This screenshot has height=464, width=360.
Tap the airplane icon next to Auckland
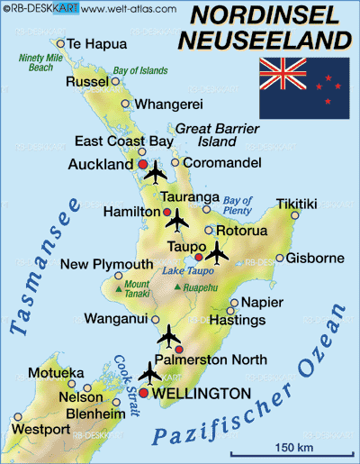click(157, 171)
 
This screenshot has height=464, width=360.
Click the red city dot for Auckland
click(142, 165)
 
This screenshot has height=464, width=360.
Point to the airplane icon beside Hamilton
click(177, 219)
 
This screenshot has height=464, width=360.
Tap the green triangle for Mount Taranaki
click(117, 290)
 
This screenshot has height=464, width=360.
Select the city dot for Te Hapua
click(60, 43)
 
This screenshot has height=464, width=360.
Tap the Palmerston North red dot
click(178, 349)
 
